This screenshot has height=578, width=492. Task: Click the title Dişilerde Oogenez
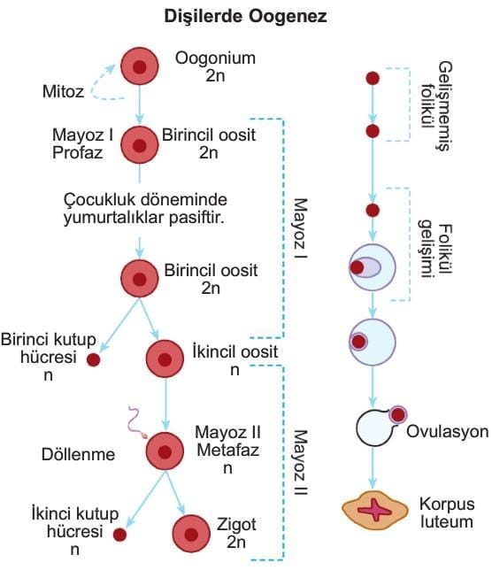pyautogui.click(x=245, y=17)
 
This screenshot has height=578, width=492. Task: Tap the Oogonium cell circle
pyautogui.click(x=140, y=66)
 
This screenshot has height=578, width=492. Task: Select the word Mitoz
pyautogui.click(x=64, y=91)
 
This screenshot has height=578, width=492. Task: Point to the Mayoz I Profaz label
pyautogui.click(x=82, y=143)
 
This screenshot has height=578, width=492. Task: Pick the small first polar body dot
pyautogui.click(x=93, y=359)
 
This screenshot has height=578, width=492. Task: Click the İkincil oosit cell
pyautogui.click(x=165, y=359)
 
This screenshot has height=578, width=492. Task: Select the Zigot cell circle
pyautogui.click(x=191, y=534)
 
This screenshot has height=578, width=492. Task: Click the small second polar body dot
pyautogui.click(x=119, y=535)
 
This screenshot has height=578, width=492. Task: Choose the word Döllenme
pyautogui.click(x=78, y=454)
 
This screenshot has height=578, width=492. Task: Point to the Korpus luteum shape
pyautogui.click(x=375, y=511)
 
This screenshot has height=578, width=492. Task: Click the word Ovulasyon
pyautogui.click(x=448, y=432)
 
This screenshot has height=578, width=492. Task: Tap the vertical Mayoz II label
pyautogui.click(x=301, y=462)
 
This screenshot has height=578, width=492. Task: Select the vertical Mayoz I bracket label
pyautogui.click(x=301, y=228)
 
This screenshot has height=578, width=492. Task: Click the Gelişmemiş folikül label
pyautogui.click(x=437, y=106)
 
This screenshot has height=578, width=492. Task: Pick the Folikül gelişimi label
pyautogui.click(x=435, y=250)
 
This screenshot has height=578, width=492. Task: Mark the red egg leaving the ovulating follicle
pyautogui.click(x=398, y=415)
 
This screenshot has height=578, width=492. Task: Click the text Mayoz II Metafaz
pyautogui.click(x=227, y=441)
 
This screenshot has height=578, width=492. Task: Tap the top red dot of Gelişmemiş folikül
pyautogui.click(x=373, y=78)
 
